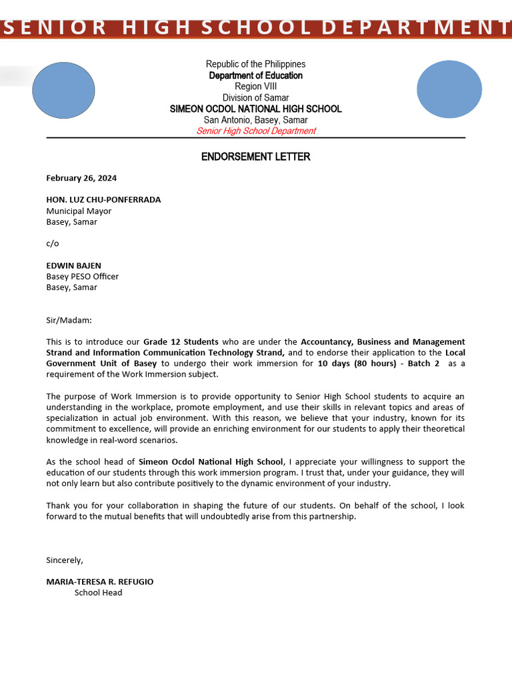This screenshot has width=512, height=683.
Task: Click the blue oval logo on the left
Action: click(63, 90)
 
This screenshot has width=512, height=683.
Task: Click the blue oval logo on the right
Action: click(449, 89)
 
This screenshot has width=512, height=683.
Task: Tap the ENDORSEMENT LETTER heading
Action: click(255, 157)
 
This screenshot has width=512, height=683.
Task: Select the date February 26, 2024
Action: click(81, 178)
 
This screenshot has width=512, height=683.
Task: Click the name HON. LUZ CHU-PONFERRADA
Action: click(103, 199)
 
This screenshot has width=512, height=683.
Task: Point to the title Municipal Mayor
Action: click(79, 211)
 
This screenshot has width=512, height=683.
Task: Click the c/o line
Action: click(52, 243)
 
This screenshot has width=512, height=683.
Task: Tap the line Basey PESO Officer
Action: click(82, 276)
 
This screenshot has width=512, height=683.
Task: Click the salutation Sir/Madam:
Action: click(69, 320)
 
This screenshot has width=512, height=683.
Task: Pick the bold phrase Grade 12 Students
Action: click(181, 341)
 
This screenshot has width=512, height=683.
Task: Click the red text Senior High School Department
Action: click(255, 131)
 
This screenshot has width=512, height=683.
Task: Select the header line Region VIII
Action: click(255, 87)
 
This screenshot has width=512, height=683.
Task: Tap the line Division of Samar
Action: click(255, 98)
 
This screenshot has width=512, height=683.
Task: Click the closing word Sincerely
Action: click(65, 560)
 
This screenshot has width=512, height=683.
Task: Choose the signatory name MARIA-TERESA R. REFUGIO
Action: click(99, 582)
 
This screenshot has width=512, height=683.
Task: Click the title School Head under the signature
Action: click(98, 592)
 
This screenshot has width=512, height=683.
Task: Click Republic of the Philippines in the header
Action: click(255, 64)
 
